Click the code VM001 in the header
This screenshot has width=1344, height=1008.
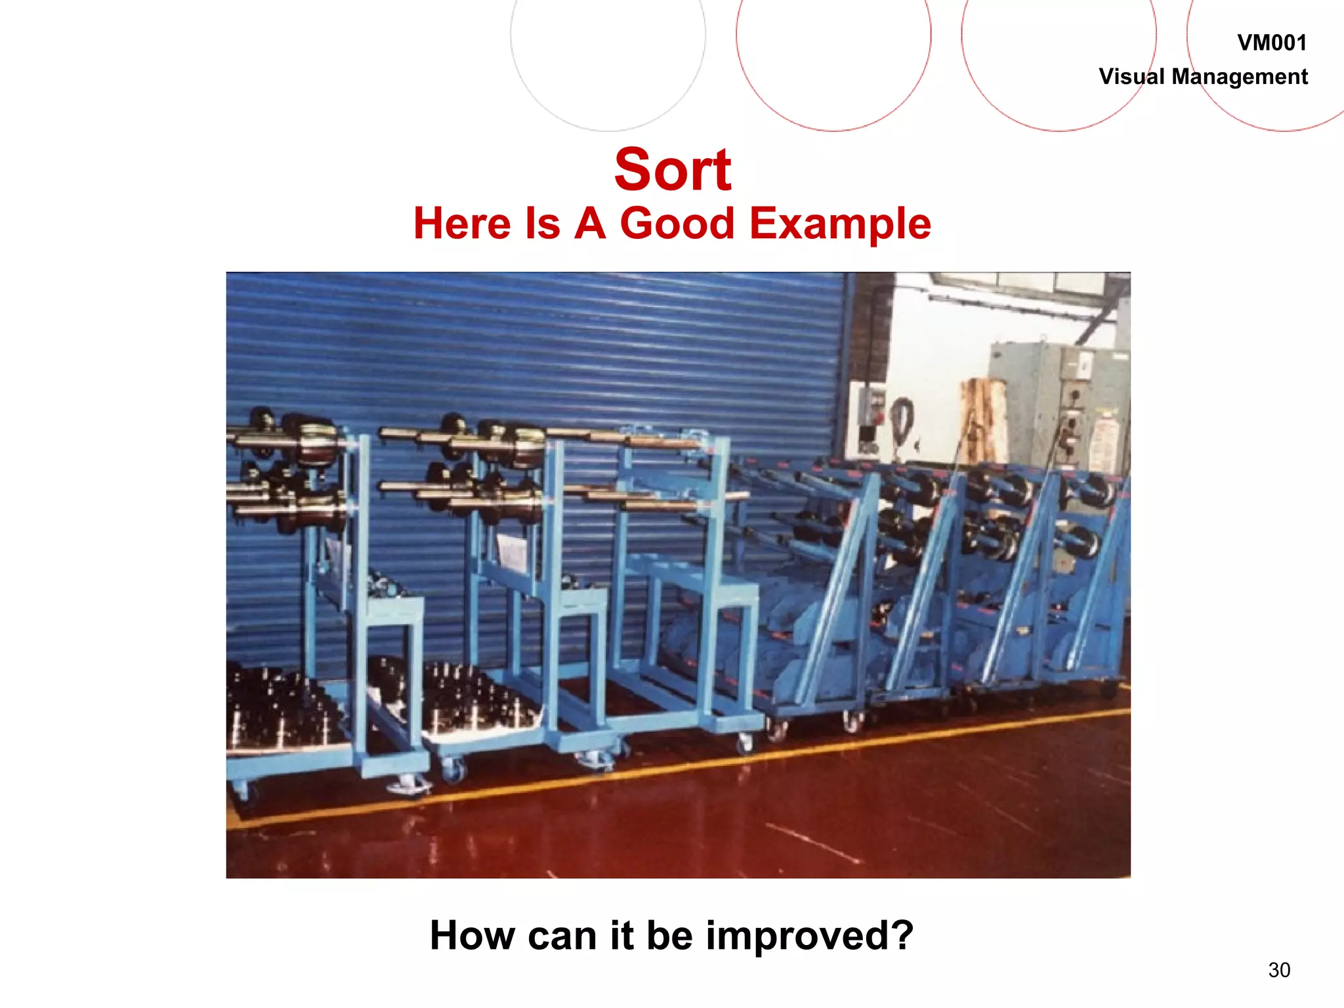1271,43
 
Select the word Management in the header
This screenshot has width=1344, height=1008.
1240,77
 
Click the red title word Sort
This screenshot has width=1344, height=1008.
672,171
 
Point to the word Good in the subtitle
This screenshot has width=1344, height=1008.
677,224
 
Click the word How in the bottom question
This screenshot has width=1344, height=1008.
472,935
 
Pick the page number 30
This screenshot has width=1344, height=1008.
1279,970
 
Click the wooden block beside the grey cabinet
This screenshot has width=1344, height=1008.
982,420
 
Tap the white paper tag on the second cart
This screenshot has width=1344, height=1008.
511,552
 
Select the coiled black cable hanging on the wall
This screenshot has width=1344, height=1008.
902,420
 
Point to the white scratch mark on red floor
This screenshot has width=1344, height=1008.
814,843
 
